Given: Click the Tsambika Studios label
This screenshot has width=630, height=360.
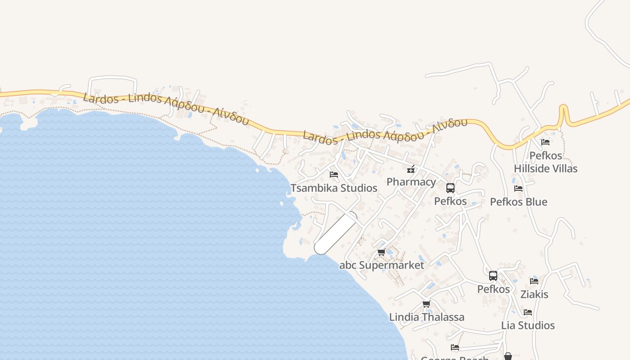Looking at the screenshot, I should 334,188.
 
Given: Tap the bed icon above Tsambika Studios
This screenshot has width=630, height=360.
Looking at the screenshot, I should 334,175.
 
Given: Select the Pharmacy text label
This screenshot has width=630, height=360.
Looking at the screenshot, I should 411,182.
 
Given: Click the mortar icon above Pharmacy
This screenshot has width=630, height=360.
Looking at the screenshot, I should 411,169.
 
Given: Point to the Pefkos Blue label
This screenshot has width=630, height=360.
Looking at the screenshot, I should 518,202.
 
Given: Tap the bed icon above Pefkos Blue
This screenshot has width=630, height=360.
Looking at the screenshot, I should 518,189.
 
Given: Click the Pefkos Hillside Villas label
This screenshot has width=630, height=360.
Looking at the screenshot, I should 546,162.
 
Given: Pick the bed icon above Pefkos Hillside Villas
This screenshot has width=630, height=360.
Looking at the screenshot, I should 545,142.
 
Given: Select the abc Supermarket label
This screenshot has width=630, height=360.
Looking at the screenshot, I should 382,265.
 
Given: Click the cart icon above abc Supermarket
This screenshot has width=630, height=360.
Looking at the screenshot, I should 382,252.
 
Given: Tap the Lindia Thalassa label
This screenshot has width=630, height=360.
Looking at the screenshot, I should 427,317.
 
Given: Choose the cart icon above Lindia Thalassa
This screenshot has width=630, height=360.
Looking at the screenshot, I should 427,304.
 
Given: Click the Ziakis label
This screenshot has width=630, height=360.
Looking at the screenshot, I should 534,294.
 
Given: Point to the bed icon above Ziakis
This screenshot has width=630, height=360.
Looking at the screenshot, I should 534,281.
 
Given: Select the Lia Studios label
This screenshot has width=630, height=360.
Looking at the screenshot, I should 528,325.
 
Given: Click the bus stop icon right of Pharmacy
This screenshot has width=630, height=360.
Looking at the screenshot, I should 450,188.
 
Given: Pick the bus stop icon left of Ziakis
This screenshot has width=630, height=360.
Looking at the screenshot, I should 493,276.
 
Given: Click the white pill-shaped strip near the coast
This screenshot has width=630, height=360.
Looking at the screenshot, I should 336,233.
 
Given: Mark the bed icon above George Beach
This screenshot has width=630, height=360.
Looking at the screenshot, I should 455,347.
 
